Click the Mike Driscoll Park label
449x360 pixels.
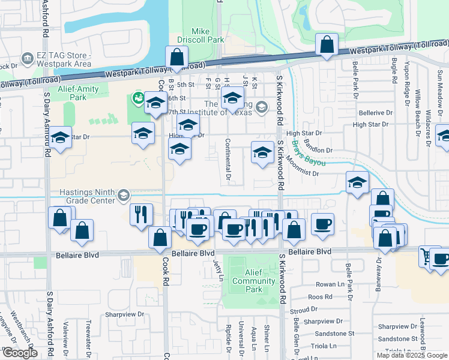coord(207,35)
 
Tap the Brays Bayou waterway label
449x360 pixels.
coord(309,154)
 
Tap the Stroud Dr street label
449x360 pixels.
coord(303,310)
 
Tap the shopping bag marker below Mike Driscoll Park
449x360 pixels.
coord(177,59)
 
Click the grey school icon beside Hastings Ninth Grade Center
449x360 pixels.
coord(124,194)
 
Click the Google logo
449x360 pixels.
coord(19,353)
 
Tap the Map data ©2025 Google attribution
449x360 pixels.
coord(411,355)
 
